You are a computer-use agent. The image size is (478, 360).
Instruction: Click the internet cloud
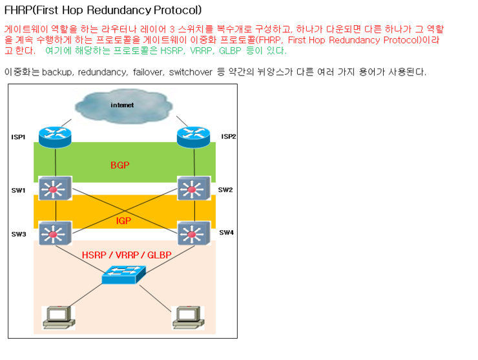tap(123, 105)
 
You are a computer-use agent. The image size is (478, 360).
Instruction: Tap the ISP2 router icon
tap(193, 134)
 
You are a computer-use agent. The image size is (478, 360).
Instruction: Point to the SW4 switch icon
tap(192, 232)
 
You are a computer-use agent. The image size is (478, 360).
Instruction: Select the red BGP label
tap(119, 165)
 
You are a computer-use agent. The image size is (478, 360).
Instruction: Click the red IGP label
tap(123, 220)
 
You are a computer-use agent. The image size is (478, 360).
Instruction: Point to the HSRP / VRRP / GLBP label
tap(127, 255)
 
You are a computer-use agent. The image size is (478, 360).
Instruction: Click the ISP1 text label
tap(18, 137)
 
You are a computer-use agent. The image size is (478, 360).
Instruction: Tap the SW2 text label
tap(225, 190)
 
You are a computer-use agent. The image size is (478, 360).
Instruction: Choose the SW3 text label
tap(18, 234)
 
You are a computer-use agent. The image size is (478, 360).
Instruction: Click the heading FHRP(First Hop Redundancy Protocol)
tap(103, 10)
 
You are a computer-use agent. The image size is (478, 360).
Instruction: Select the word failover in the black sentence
tap(148, 72)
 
